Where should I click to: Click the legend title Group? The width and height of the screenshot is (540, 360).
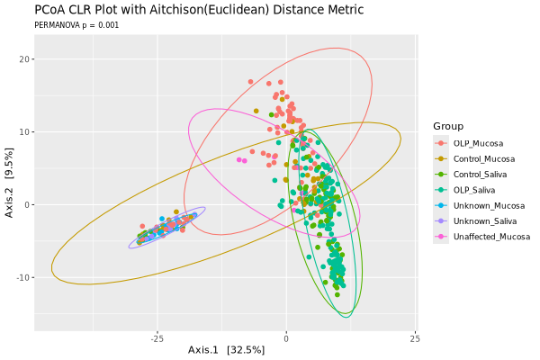click(x=448, y=125)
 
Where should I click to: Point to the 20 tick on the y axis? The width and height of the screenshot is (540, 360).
click(x=24, y=59)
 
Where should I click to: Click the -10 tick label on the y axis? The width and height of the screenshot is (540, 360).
click(x=22, y=277)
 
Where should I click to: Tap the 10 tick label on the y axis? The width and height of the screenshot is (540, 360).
click(x=24, y=132)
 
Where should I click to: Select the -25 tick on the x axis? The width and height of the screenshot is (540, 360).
click(x=157, y=338)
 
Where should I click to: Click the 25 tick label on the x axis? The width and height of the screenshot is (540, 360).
click(x=415, y=338)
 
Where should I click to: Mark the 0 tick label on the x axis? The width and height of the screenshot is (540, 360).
click(x=286, y=338)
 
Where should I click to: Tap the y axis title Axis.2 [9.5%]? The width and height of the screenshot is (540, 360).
click(x=10, y=184)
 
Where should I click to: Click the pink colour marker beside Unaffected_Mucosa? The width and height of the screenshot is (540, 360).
click(x=440, y=236)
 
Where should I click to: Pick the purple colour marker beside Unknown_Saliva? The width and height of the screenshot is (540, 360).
click(x=440, y=220)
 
